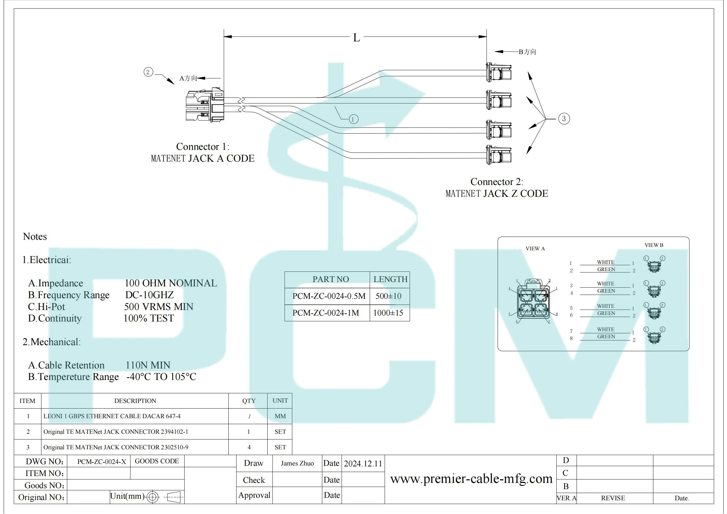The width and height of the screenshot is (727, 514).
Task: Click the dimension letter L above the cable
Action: [357, 38]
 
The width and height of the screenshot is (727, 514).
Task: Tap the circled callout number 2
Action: [148, 72]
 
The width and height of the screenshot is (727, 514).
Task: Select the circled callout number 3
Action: [564, 119]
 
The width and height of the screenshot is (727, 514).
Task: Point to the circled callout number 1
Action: [353, 119]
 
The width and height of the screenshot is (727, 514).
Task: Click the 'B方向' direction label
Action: [527, 52]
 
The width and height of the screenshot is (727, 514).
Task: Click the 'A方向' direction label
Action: [188, 78]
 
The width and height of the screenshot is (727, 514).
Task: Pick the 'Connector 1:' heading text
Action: [203, 147]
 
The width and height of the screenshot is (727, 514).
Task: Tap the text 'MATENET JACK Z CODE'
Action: [497, 193]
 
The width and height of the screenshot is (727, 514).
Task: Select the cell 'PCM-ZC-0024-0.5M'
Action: [329, 296]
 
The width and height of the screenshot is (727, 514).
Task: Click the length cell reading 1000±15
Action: [388, 313]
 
